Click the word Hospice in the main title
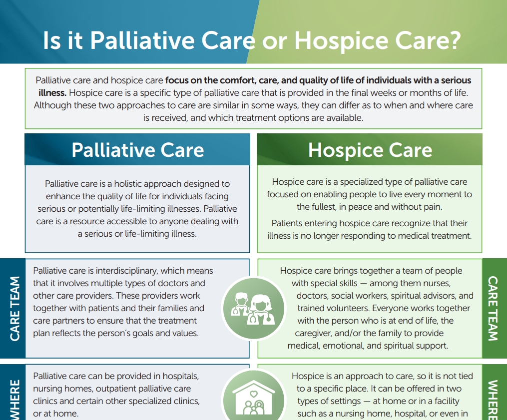tap(341, 41)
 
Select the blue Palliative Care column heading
tap(138, 150)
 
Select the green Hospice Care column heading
tap(370, 150)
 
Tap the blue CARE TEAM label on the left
tap(15, 309)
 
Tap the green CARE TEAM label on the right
tap(493, 309)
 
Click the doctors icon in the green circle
tap(254, 308)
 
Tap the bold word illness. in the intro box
tap(52, 93)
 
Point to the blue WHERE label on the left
tap(15, 400)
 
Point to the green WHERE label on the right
tap(493, 400)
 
